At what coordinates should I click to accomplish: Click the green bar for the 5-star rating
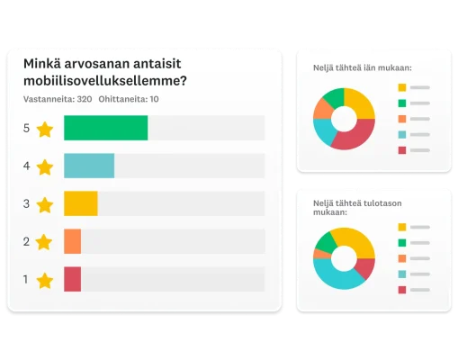[x=105, y=128]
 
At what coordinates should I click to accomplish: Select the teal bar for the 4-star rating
[x=89, y=166]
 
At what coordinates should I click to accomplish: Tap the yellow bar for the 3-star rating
[x=80, y=203]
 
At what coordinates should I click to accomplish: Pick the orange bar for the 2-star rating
[x=72, y=241]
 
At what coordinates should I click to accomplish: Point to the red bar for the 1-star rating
[x=72, y=279]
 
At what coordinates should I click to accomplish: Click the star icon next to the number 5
[x=45, y=129]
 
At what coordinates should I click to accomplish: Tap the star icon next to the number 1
[x=45, y=280]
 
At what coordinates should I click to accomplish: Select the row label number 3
[x=26, y=204]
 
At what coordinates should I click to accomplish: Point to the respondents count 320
[x=85, y=99]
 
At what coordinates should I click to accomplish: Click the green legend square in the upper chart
[x=401, y=103]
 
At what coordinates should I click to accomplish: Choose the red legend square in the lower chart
[x=401, y=289]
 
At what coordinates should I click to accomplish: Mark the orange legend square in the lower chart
[x=401, y=257]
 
